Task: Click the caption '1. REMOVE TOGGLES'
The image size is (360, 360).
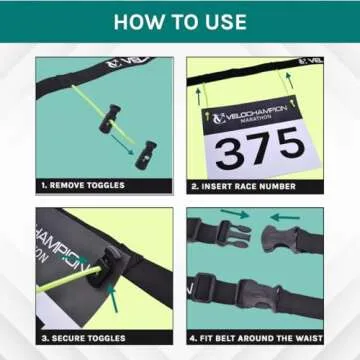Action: (85, 184)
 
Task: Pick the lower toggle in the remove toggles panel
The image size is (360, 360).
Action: (146, 152)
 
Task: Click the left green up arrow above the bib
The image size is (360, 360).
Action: (197, 93)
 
